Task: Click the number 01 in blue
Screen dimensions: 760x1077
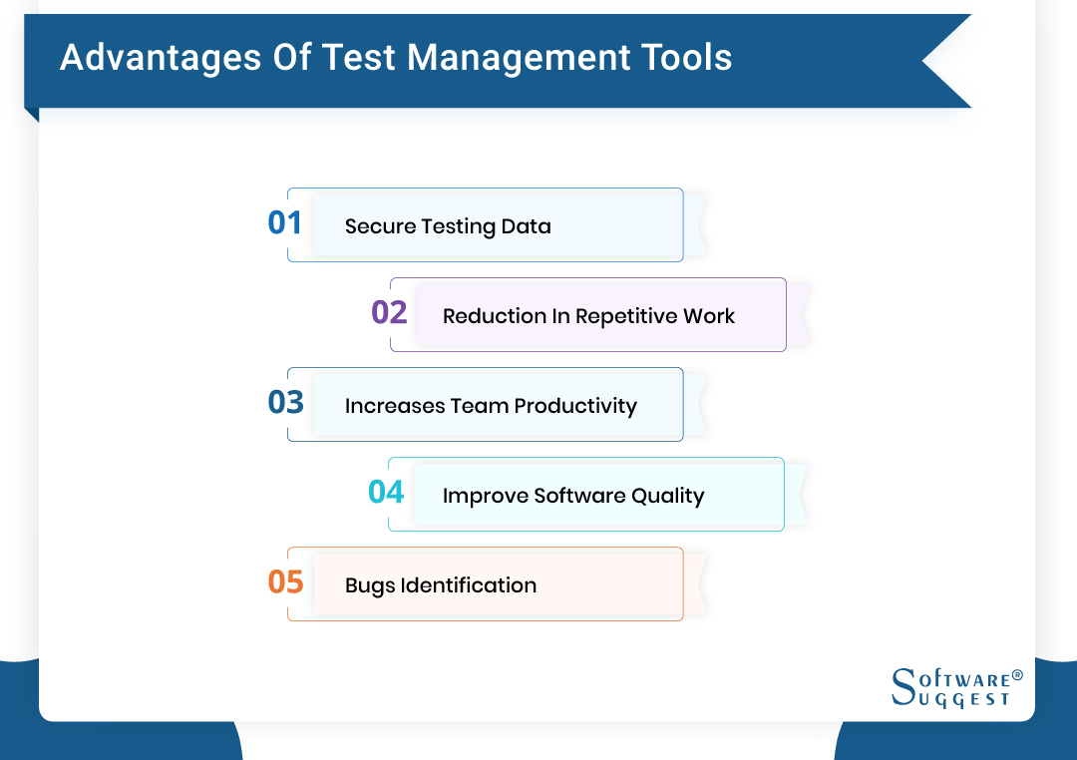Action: point(284,222)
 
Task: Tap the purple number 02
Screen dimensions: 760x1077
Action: point(389,312)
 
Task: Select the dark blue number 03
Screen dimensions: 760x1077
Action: point(285,402)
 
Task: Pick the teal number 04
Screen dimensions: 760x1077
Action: point(386,492)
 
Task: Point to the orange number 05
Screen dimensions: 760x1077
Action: point(285,581)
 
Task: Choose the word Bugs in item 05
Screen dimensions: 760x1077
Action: point(370,586)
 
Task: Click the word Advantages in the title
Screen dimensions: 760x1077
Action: point(161,58)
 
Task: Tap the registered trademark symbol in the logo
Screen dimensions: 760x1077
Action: point(1017,675)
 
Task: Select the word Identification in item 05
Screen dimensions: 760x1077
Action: point(469,585)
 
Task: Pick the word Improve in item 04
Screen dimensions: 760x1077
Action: point(485,497)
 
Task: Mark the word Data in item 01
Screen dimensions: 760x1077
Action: point(526,226)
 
